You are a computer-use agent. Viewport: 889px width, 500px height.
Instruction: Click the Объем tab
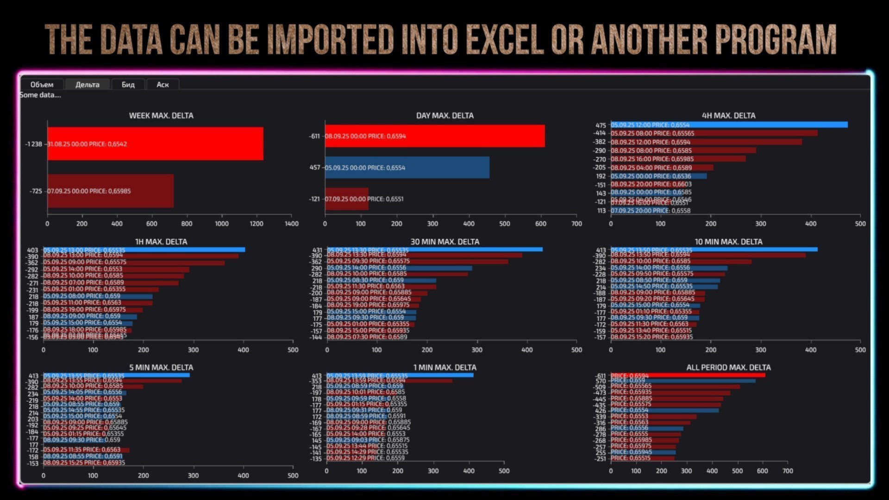click(x=42, y=84)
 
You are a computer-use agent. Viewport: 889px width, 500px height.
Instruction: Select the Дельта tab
click(x=88, y=84)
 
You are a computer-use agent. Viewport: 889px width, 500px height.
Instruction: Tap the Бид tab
click(x=128, y=84)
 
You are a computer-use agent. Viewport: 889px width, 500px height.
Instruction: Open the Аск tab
click(x=163, y=84)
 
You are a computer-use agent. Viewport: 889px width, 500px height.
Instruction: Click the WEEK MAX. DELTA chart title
click(x=161, y=115)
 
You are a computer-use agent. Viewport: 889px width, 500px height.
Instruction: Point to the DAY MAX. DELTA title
click(x=444, y=115)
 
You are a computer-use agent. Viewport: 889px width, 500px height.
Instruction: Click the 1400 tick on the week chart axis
click(x=292, y=224)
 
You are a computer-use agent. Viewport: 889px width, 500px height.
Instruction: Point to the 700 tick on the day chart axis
click(x=576, y=224)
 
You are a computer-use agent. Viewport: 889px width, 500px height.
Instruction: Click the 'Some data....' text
click(x=40, y=95)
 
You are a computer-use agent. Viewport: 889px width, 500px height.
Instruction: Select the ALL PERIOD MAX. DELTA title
click(x=728, y=367)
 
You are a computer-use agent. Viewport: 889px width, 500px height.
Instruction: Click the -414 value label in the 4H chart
click(x=600, y=133)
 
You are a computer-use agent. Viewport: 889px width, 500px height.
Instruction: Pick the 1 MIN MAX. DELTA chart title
click(x=444, y=367)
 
